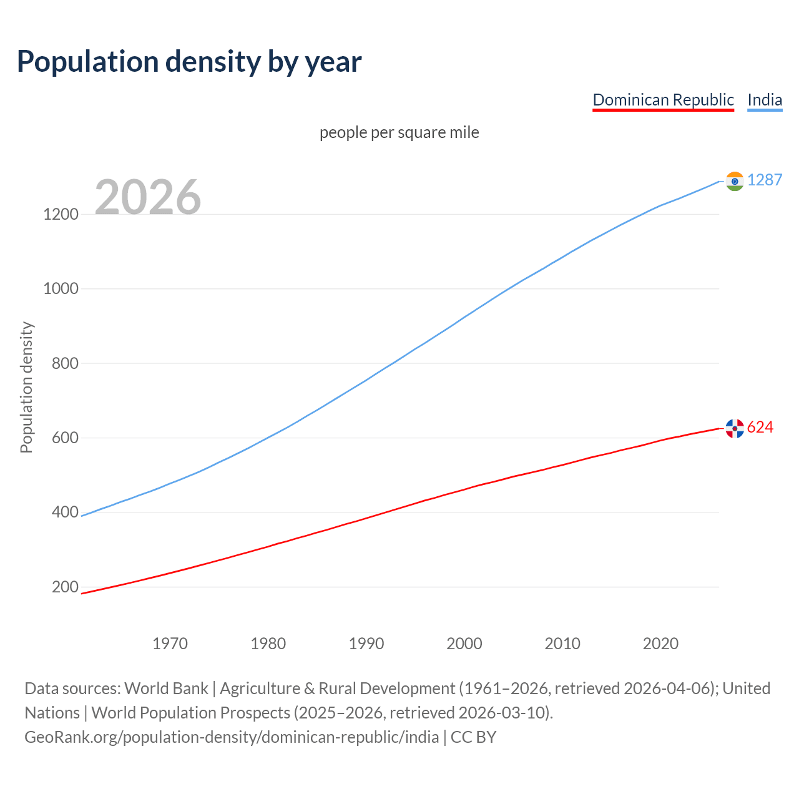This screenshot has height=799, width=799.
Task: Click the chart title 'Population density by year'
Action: (189, 62)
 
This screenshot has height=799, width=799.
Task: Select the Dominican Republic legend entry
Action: (663, 100)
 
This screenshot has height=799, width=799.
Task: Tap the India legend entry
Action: (765, 100)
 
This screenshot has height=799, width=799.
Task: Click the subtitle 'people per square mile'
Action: (399, 132)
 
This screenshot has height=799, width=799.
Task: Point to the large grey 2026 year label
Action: (148, 197)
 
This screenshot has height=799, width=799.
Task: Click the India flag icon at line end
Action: (735, 181)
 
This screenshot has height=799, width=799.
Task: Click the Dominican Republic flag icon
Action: (735, 428)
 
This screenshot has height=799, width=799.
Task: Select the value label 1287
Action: (764, 180)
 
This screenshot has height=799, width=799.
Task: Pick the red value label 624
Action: (760, 427)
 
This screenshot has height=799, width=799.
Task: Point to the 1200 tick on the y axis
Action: (61, 214)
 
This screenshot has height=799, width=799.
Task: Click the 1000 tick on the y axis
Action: (61, 288)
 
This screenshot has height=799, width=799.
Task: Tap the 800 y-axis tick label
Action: (65, 363)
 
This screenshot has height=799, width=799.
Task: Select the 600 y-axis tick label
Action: (65, 438)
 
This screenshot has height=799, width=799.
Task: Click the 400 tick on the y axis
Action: (65, 512)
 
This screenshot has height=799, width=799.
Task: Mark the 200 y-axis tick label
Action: (65, 587)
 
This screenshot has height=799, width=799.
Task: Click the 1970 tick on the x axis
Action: (170, 644)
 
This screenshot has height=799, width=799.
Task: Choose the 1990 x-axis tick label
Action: (366, 644)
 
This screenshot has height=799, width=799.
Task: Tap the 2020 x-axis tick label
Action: (660, 644)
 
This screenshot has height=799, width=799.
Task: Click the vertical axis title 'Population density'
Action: (26, 387)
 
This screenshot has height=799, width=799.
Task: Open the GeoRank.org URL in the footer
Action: (232, 737)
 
